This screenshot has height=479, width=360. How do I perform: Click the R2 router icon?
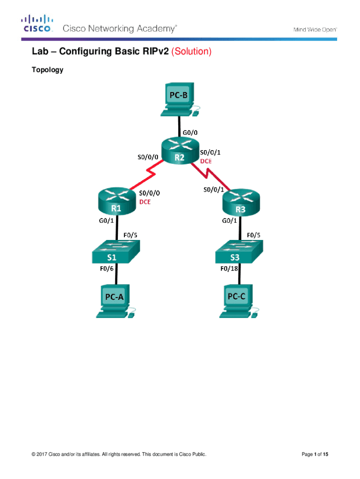[x=179, y=152]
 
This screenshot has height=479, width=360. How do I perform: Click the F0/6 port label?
[x=108, y=269]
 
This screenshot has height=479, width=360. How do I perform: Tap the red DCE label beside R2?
[x=206, y=160]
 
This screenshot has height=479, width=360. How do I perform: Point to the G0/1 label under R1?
[x=107, y=221]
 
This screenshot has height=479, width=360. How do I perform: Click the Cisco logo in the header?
[x=38, y=24]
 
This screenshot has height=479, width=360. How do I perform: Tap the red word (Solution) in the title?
[x=192, y=51]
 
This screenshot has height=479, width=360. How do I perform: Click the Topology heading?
[x=47, y=70]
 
